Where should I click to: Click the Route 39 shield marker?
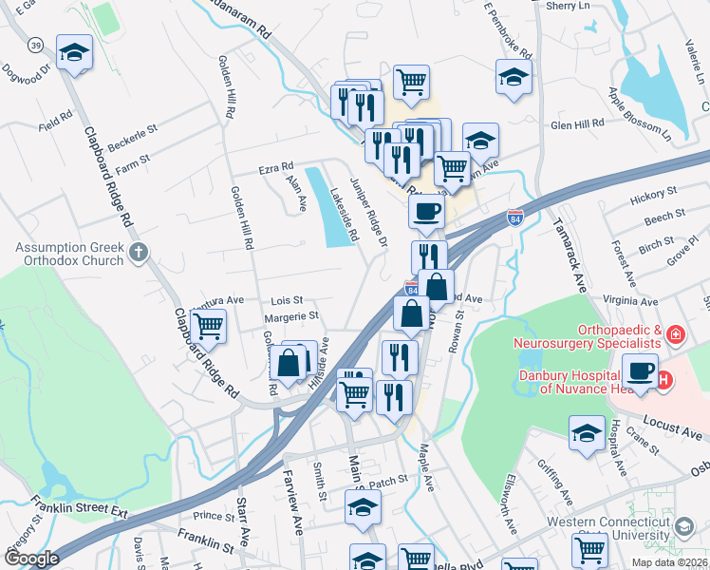[x=33, y=47]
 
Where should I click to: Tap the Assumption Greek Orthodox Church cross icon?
[x=140, y=252]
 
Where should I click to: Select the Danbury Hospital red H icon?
[x=664, y=380]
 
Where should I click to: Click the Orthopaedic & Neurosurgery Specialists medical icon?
[x=675, y=334]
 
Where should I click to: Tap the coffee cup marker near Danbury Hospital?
[x=641, y=370]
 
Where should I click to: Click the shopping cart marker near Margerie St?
[x=208, y=327]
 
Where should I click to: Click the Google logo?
[x=31, y=559]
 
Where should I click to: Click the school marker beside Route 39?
[x=73, y=54]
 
